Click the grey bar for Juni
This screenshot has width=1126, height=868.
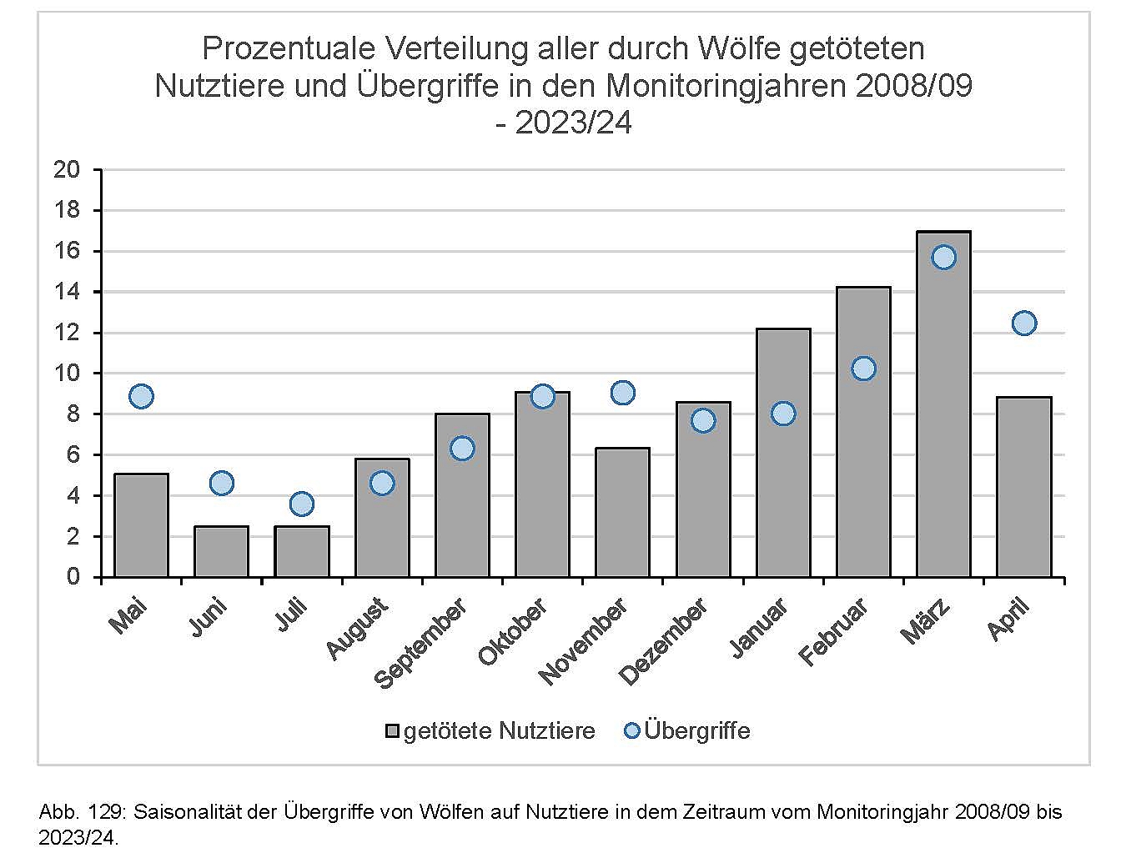(x=221, y=551)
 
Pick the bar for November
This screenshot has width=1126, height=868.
(x=622, y=513)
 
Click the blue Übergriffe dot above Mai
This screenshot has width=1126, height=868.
(x=141, y=396)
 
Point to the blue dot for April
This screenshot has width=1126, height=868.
(x=1023, y=323)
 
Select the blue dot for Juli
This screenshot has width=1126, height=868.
(x=301, y=504)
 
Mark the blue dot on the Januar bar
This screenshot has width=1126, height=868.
(x=782, y=414)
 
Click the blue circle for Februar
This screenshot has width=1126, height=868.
(x=863, y=369)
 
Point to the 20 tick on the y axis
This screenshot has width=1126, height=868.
(x=66, y=170)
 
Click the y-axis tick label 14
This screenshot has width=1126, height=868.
(x=66, y=292)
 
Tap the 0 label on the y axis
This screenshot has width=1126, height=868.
(x=73, y=577)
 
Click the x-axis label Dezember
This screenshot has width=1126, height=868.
(x=664, y=641)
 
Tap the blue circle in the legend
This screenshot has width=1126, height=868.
(x=631, y=730)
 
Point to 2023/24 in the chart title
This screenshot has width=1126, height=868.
(x=574, y=123)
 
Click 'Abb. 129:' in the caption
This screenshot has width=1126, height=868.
(x=82, y=811)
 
